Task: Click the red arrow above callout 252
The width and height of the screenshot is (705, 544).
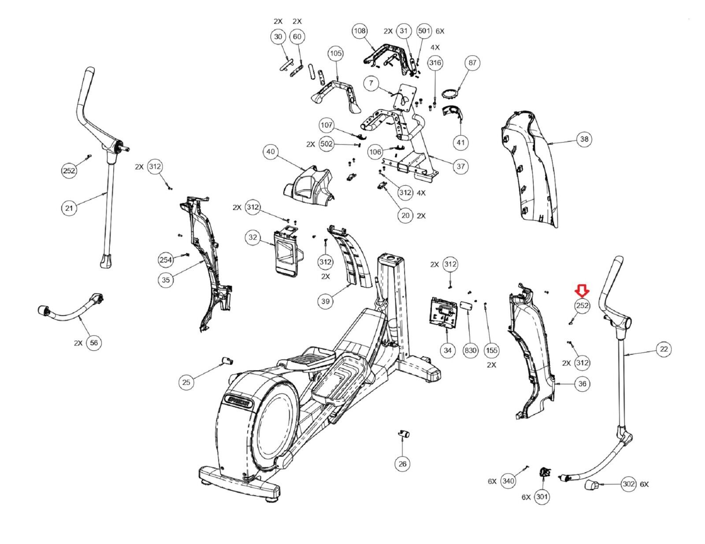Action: (582, 290)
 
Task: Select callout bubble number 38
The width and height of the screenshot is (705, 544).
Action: (584, 139)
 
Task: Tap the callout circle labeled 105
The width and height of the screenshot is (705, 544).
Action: (335, 53)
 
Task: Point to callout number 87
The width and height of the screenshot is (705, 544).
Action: (472, 62)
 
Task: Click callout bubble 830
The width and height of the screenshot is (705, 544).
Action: (471, 350)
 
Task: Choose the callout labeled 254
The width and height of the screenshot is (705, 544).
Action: (166, 260)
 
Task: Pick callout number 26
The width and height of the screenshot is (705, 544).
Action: (402, 464)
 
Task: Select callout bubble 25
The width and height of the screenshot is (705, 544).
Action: (186, 382)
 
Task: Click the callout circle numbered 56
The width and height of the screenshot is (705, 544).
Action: (94, 342)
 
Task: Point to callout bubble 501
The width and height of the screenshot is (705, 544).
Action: (424, 31)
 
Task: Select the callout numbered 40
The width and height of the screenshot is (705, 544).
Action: (270, 152)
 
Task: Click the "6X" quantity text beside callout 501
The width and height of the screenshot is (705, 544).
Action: (440, 31)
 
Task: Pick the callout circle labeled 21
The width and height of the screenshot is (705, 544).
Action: (69, 208)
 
